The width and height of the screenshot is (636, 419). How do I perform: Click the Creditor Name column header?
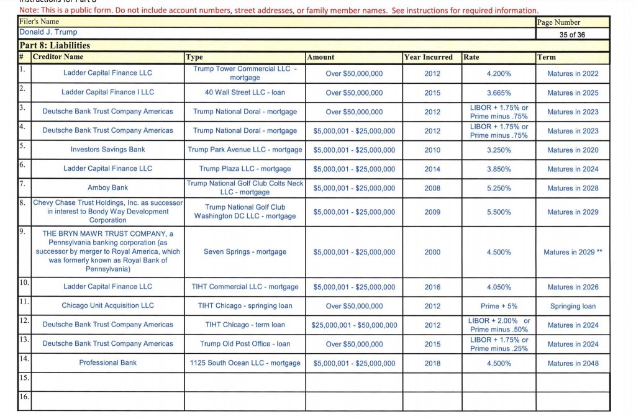point(58,57)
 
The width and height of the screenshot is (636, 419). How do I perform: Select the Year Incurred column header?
point(429,57)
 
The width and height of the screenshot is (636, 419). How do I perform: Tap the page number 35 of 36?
point(572,35)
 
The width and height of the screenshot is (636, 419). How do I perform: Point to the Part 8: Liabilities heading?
point(55,45)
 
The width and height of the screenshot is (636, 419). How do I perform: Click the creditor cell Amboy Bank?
point(107,187)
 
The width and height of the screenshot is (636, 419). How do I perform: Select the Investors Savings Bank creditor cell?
point(107,150)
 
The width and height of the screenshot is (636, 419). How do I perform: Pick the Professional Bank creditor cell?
point(107,363)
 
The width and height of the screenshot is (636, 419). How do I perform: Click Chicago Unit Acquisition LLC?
point(107,305)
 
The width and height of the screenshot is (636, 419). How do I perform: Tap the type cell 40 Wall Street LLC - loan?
point(245,92)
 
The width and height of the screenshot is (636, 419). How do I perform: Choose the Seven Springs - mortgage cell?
point(245,252)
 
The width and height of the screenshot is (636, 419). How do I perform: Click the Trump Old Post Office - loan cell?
point(245,344)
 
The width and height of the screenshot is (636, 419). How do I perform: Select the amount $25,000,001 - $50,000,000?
point(354,325)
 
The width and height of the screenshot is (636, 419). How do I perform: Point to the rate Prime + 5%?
point(499,306)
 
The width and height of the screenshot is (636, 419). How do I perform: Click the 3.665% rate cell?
point(499,92)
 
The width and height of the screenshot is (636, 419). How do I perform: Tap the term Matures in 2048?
point(573,364)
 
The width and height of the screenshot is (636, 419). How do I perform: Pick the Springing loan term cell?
point(573,306)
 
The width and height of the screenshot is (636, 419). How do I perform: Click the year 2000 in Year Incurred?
point(432,252)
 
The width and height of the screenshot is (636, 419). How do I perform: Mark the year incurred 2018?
point(432,364)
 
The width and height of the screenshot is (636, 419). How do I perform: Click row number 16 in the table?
point(24,397)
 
